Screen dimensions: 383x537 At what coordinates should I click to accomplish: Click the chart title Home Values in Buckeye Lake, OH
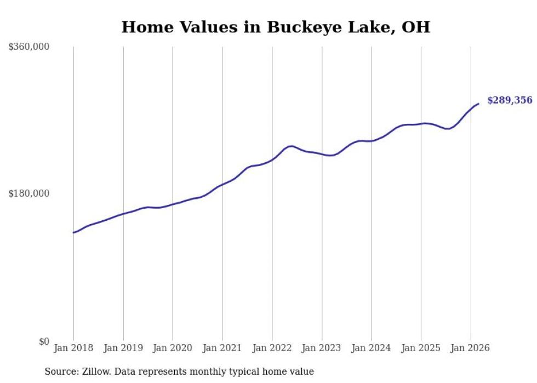tap(276, 27)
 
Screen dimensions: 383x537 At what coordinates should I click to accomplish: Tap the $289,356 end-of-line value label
tap(510, 100)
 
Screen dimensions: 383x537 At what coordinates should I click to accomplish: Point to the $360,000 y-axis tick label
tap(29, 47)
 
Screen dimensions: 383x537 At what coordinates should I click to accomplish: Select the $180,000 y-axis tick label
tap(29, 193)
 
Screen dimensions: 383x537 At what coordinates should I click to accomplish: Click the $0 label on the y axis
tap(44, 342)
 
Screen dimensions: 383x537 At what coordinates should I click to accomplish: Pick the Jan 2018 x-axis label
tap(73, 348)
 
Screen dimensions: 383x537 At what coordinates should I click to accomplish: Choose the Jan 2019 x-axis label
tap(123, 348)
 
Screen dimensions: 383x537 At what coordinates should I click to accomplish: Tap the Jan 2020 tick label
tap(173, 348)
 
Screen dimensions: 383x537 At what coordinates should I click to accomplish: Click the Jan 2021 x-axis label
tap(222, 348)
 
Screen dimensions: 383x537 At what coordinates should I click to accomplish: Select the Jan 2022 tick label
tap(272, 348)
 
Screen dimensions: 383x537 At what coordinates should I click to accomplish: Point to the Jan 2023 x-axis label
tap(322, 348)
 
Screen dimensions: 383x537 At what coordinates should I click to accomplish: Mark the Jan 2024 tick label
tap(372, 348)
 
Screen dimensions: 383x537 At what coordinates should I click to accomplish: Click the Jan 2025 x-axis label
tap(421, 348)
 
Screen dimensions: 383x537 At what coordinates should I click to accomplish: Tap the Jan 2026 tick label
tap(471, 348)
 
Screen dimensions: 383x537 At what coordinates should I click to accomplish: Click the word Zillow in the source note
tap(95, 372)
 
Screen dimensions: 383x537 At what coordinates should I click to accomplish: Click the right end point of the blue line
tap(478, 104)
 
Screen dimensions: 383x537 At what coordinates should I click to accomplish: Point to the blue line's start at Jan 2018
tap(73, 232)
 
